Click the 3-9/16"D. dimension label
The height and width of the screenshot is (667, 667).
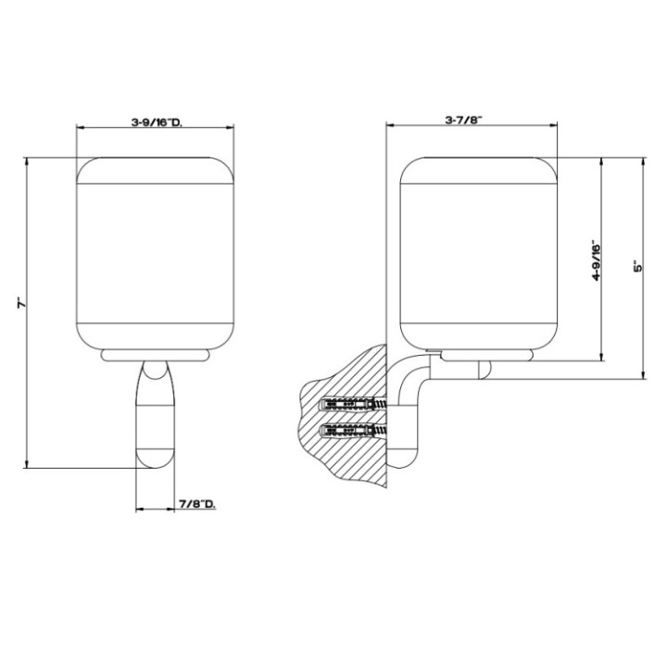(x=155, y=120)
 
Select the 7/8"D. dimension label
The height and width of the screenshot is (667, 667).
(x=195, y=503)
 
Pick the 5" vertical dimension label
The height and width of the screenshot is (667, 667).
(x=637, y=267)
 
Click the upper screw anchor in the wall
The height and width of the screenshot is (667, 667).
(x=346, y=405)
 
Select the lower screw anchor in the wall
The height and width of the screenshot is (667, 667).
(x=346, y=430)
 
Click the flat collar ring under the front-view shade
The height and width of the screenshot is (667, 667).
(x=155, y=353)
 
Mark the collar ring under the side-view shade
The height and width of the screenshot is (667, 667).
(x=487, y=353)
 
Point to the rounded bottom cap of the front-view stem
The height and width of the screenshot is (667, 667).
(x=155, y=457)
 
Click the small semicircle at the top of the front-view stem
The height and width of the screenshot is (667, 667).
(x=155, y=371)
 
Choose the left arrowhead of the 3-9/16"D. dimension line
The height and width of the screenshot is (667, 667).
(x=80, y=129)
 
